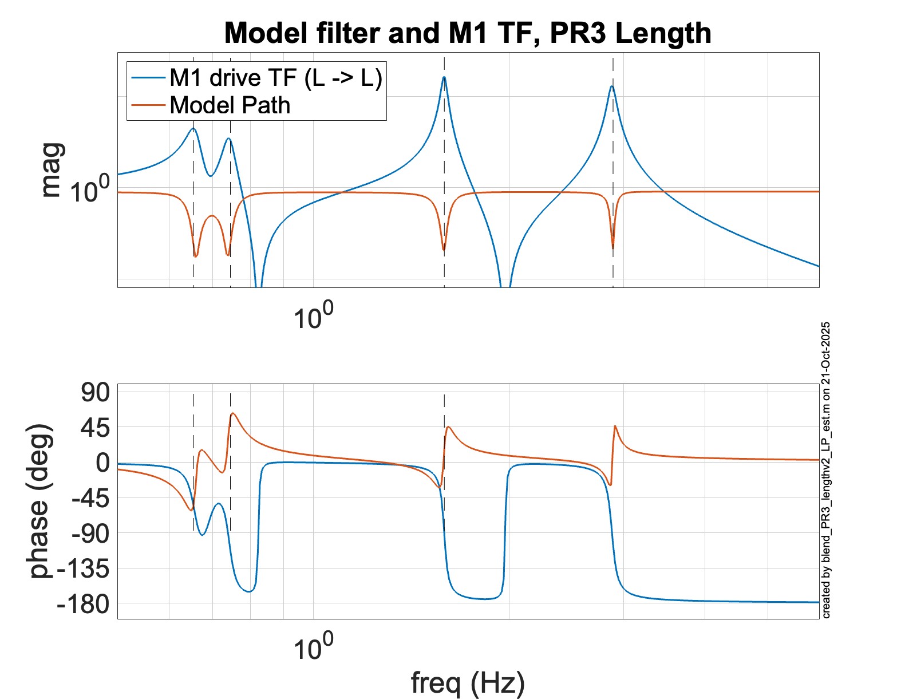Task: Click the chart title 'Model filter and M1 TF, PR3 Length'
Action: pos(467,33)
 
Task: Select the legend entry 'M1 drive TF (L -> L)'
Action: pos(275,78)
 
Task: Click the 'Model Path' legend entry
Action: pos(230,105)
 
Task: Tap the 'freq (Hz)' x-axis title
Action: pos(468,682)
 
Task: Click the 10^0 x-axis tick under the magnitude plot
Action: pos(313,315)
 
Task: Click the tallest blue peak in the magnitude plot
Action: pos(444,77)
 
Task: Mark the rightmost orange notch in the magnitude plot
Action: pos(613,247)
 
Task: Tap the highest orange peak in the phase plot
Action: pos(233,413)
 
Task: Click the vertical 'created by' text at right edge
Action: pos(826,470)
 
